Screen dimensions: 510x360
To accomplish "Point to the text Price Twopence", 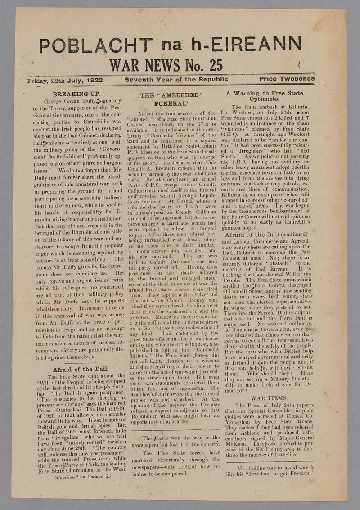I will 287,79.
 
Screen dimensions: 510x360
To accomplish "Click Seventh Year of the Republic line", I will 176,80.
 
